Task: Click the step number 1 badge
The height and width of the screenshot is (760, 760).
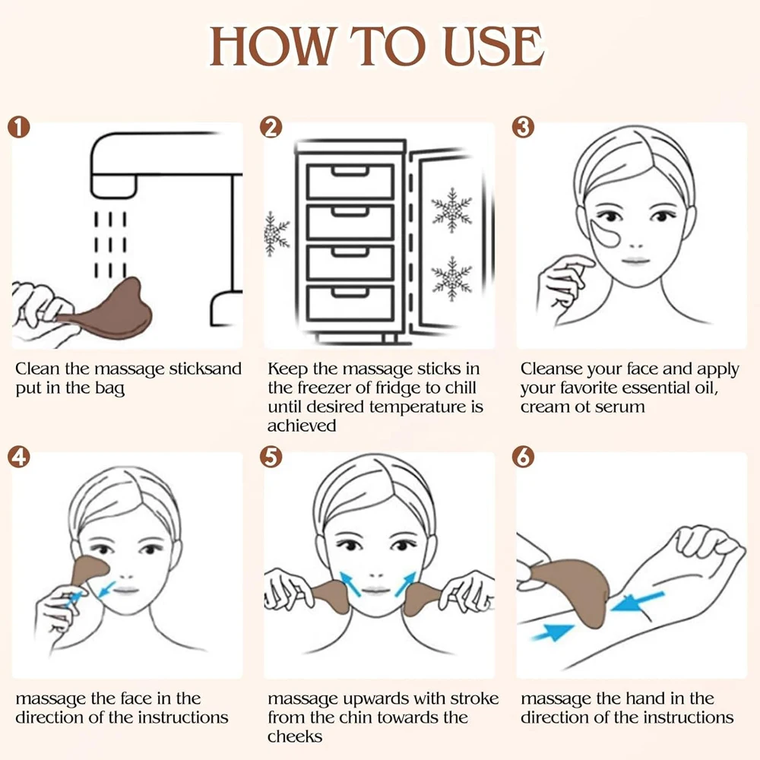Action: [x=18, y=128]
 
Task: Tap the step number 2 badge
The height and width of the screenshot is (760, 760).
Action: [x=271, y=128]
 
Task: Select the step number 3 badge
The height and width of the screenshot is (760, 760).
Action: [x=524, y=128]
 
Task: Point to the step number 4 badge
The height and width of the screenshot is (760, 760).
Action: [x=18, y=457]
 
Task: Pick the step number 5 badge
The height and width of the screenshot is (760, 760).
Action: [x=271, y=457]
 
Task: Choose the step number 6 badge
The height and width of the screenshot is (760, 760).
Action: [x=524, y=457]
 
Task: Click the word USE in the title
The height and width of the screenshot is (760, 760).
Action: [x=494, y=46]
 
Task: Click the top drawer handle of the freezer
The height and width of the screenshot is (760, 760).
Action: [x=349, y=171]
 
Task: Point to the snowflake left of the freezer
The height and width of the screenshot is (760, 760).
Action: [x=276, y=233]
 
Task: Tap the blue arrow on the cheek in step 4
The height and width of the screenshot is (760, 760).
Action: [x=106, y=590]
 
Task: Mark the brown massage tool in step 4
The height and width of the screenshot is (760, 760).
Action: [x=88, y=571]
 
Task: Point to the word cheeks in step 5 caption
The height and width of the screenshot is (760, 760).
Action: [x=295, y=736]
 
